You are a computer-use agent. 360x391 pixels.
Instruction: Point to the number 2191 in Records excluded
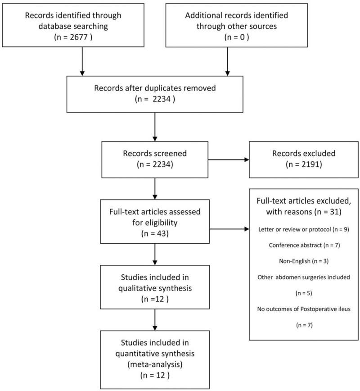(298, 164)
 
